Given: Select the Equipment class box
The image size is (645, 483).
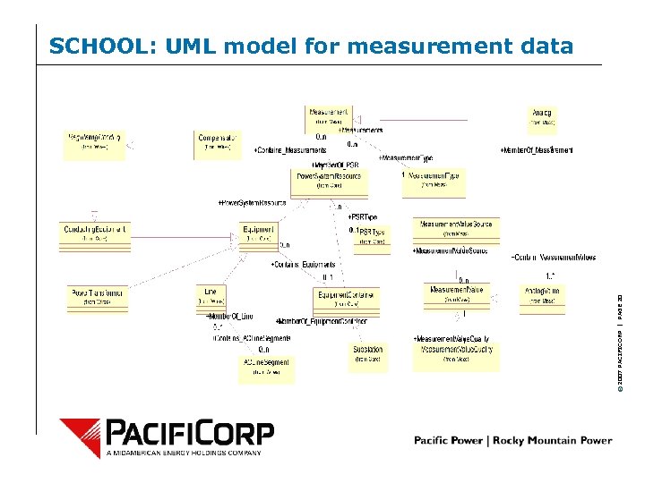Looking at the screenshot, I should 259,234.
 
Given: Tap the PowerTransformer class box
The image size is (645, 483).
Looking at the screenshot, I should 97,298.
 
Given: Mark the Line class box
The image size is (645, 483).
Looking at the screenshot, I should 211,297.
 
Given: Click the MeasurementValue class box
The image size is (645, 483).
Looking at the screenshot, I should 457,295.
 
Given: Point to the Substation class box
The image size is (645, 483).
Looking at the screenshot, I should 368,354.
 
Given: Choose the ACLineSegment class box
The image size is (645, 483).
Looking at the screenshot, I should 266,366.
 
